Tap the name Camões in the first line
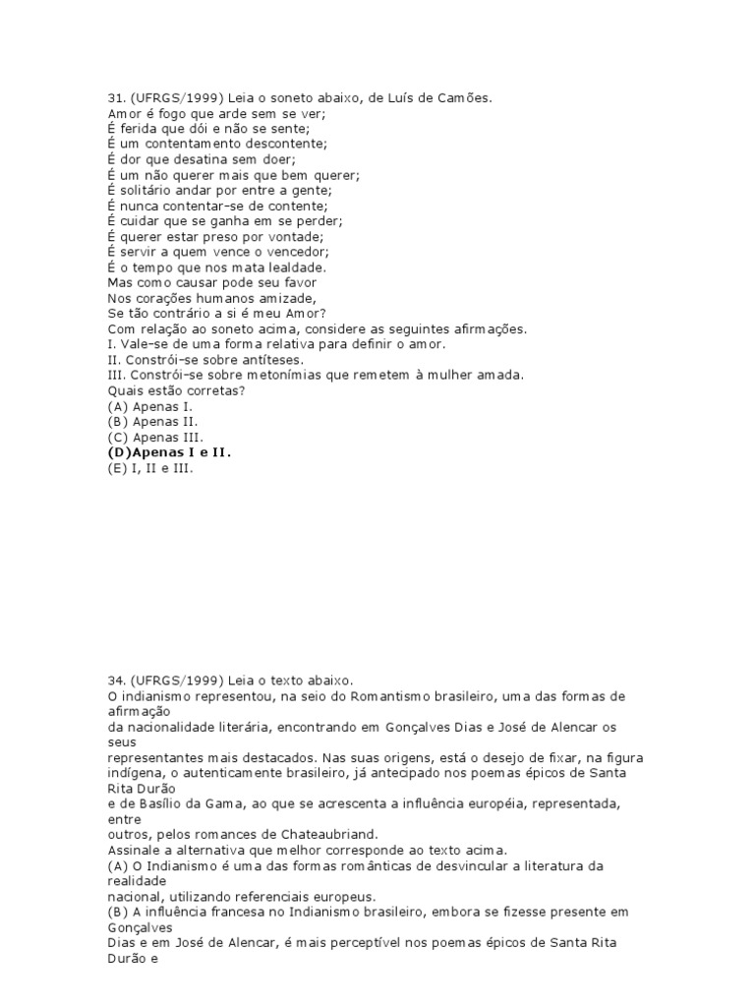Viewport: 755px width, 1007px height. pyautogui.click(x=460, y=97)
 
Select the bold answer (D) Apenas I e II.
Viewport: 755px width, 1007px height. pyautogui.click(x=174, y=452)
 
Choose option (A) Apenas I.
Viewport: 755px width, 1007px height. pyautogui.click(x=149, y=406)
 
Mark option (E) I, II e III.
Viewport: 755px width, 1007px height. pyautogui.click(x=150, y=468)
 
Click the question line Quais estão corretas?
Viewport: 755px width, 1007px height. pyautogui.click(x=176, y=390)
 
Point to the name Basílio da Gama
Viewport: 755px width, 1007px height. pyautogui.click(x=187, y=803)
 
